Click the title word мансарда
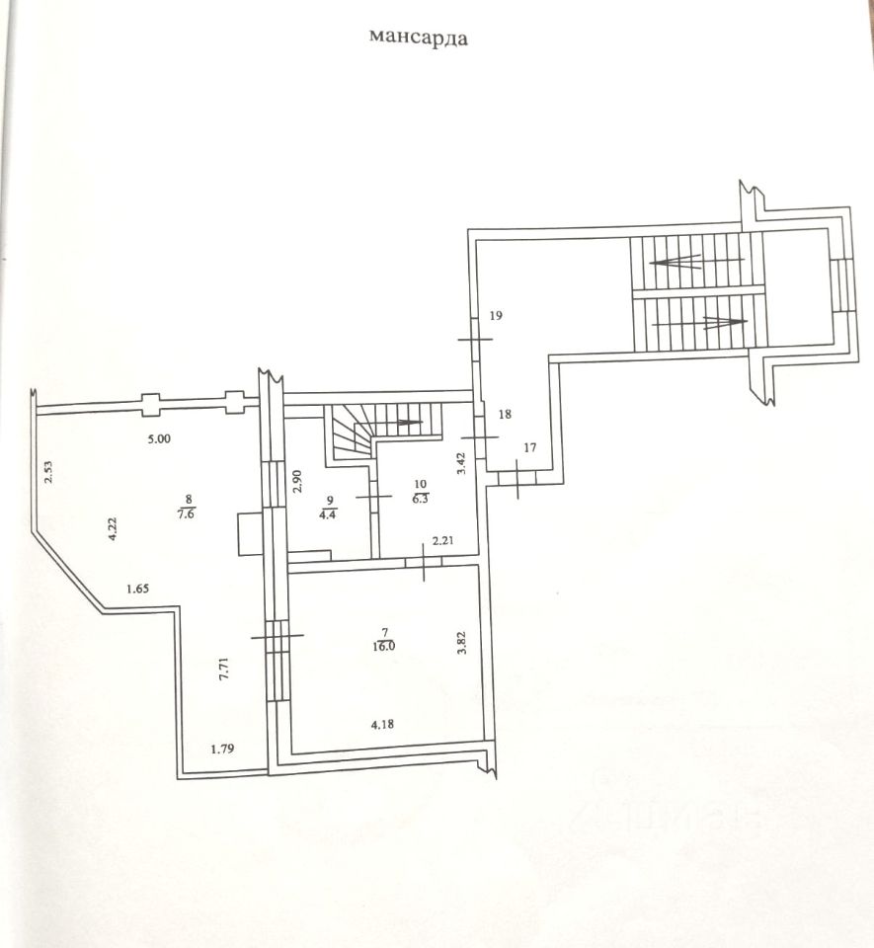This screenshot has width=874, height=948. pos(418,39)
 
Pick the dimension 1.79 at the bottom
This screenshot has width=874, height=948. pos(224,750)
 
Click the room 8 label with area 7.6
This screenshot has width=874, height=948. pos(186,506)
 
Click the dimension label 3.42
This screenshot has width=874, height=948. pos(461,464)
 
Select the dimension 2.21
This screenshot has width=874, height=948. pos(441,540)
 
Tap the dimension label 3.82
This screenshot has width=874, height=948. pos(461,642)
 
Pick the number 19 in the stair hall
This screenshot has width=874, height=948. pos(496,316)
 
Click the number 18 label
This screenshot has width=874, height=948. pos(505,416)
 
